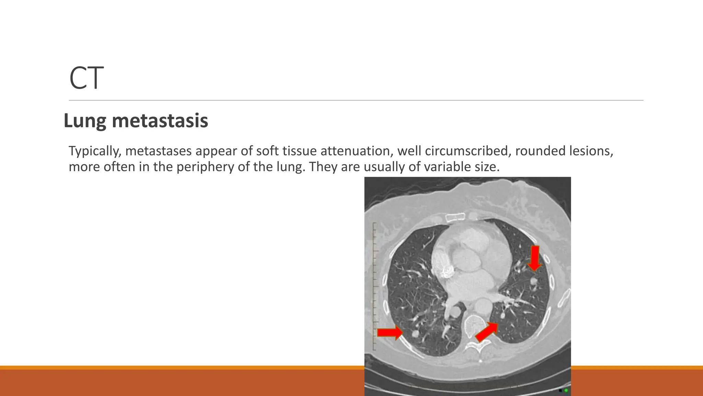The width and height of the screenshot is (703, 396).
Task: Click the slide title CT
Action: [x=86, y=78]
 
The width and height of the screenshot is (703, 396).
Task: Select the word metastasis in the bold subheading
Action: [x=160, y=121]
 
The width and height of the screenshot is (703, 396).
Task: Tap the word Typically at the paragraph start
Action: [x=95, y=151]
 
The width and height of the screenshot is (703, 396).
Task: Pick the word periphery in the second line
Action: [x=200, y=167]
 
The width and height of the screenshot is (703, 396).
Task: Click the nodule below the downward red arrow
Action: [x=533, y=282]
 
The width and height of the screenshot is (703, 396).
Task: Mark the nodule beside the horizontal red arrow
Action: [x=415, y=333]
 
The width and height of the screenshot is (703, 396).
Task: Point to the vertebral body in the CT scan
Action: [x=474, y=324]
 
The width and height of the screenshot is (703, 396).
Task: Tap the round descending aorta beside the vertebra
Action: [x=483, y=305]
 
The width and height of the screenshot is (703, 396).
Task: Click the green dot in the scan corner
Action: [x=566, y=390]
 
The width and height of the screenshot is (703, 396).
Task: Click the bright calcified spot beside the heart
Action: [x=446, y=272]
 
